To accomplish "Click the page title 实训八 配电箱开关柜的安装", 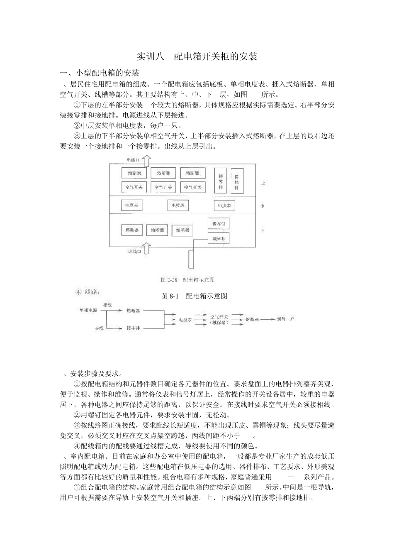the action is pos(197,56).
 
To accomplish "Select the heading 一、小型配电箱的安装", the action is pos(100,73).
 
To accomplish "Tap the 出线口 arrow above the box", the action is pos(146,160).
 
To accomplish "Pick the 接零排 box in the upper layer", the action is pos(220,180).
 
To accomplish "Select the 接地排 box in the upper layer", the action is pos(237,181).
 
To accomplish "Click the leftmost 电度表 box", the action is pos(131,205).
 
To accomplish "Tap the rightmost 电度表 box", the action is pos(224,205).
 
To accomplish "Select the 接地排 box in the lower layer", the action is pos(218,239).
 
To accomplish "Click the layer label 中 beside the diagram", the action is pos(262,206).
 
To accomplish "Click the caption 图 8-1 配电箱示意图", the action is pos(194,296).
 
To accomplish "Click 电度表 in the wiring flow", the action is pos(185,320).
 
